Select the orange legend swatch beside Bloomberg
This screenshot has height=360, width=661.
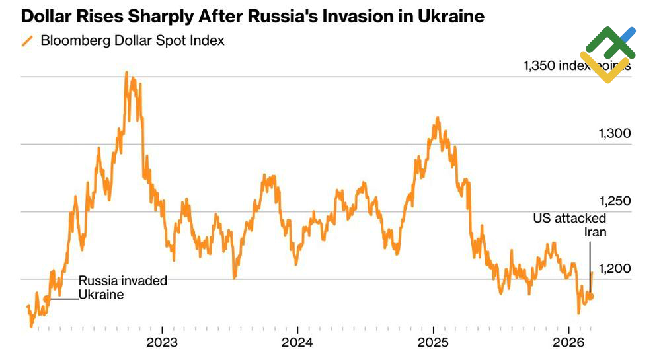click(28, 41)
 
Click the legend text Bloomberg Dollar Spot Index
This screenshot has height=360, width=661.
click(132, 41)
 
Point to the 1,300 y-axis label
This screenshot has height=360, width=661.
click(615, 133)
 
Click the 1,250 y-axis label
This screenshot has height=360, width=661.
click(615, 201)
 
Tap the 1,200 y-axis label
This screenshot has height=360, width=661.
click(615, 268)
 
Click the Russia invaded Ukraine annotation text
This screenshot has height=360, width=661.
click(122, 287)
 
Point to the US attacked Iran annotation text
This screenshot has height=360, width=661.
click(570, 225)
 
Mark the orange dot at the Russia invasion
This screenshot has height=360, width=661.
click(47, 299)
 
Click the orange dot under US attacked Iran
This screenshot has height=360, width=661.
click(590, 296)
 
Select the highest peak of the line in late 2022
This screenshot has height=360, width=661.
click(126, 73)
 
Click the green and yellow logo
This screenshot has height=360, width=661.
click(607, 54)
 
